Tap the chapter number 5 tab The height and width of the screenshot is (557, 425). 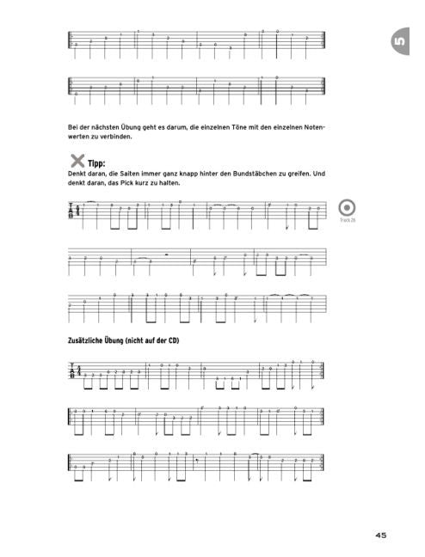[398, 41]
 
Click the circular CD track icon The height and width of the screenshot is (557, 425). [348, 208]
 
